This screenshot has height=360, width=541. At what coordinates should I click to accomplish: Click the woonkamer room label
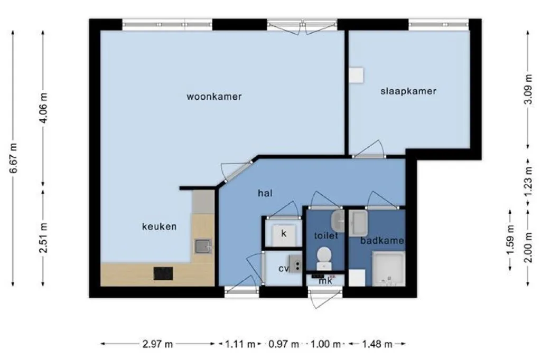click(x=214, y=97)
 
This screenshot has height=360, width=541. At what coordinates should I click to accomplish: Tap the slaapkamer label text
click(x=408, y=91)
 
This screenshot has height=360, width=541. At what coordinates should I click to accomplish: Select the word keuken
click(x=159, y=226)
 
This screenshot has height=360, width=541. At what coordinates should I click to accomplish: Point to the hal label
click(x=265, y=193)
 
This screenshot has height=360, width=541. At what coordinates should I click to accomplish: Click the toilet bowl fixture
click(x=324, y=258)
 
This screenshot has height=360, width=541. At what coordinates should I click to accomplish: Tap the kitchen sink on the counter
click(x=203, y=246)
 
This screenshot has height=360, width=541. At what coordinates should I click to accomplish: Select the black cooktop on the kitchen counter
click(x=163, y=273)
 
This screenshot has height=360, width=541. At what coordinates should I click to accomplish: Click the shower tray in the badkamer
click(x=388, y=269)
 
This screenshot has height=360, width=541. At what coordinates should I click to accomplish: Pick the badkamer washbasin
click(x=358, y=223)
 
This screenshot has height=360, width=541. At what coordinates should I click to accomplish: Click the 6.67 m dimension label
click(x=13, y=158)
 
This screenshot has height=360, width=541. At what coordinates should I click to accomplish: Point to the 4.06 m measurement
click(x=43, y=108)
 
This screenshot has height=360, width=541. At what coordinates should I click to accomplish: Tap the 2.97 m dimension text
click(x=157, y=344)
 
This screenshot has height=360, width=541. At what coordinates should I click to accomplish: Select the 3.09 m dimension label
click(x=528, y=90)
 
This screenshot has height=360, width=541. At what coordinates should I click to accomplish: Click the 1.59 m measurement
click(x=510, y=240)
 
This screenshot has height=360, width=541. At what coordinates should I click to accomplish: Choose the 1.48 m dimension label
click(x=377, y=344)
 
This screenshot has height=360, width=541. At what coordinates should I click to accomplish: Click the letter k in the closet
click(x=284, y=233)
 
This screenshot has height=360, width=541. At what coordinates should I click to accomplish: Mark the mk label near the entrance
click(x=325, y=281)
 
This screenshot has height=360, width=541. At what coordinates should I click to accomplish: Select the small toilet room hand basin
click(x=338, y=221)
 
